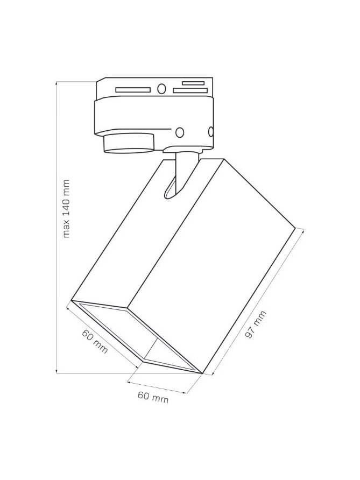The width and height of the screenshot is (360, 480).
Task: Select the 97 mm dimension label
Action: pyautogui.click(x=256, y=324)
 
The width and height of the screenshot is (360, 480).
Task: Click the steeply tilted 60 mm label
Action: pyautogui.click(x=95, y=341)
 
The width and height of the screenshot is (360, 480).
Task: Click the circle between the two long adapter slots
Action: pyautogui.click(x=161, y=89)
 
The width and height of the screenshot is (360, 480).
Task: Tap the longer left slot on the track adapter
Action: pyautogui.click(x=133, y=90)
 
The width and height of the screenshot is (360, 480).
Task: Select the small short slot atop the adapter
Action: pyautogui.click(x=193, y=83)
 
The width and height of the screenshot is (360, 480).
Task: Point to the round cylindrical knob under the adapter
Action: pyautogui.click(x=129, y=143)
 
